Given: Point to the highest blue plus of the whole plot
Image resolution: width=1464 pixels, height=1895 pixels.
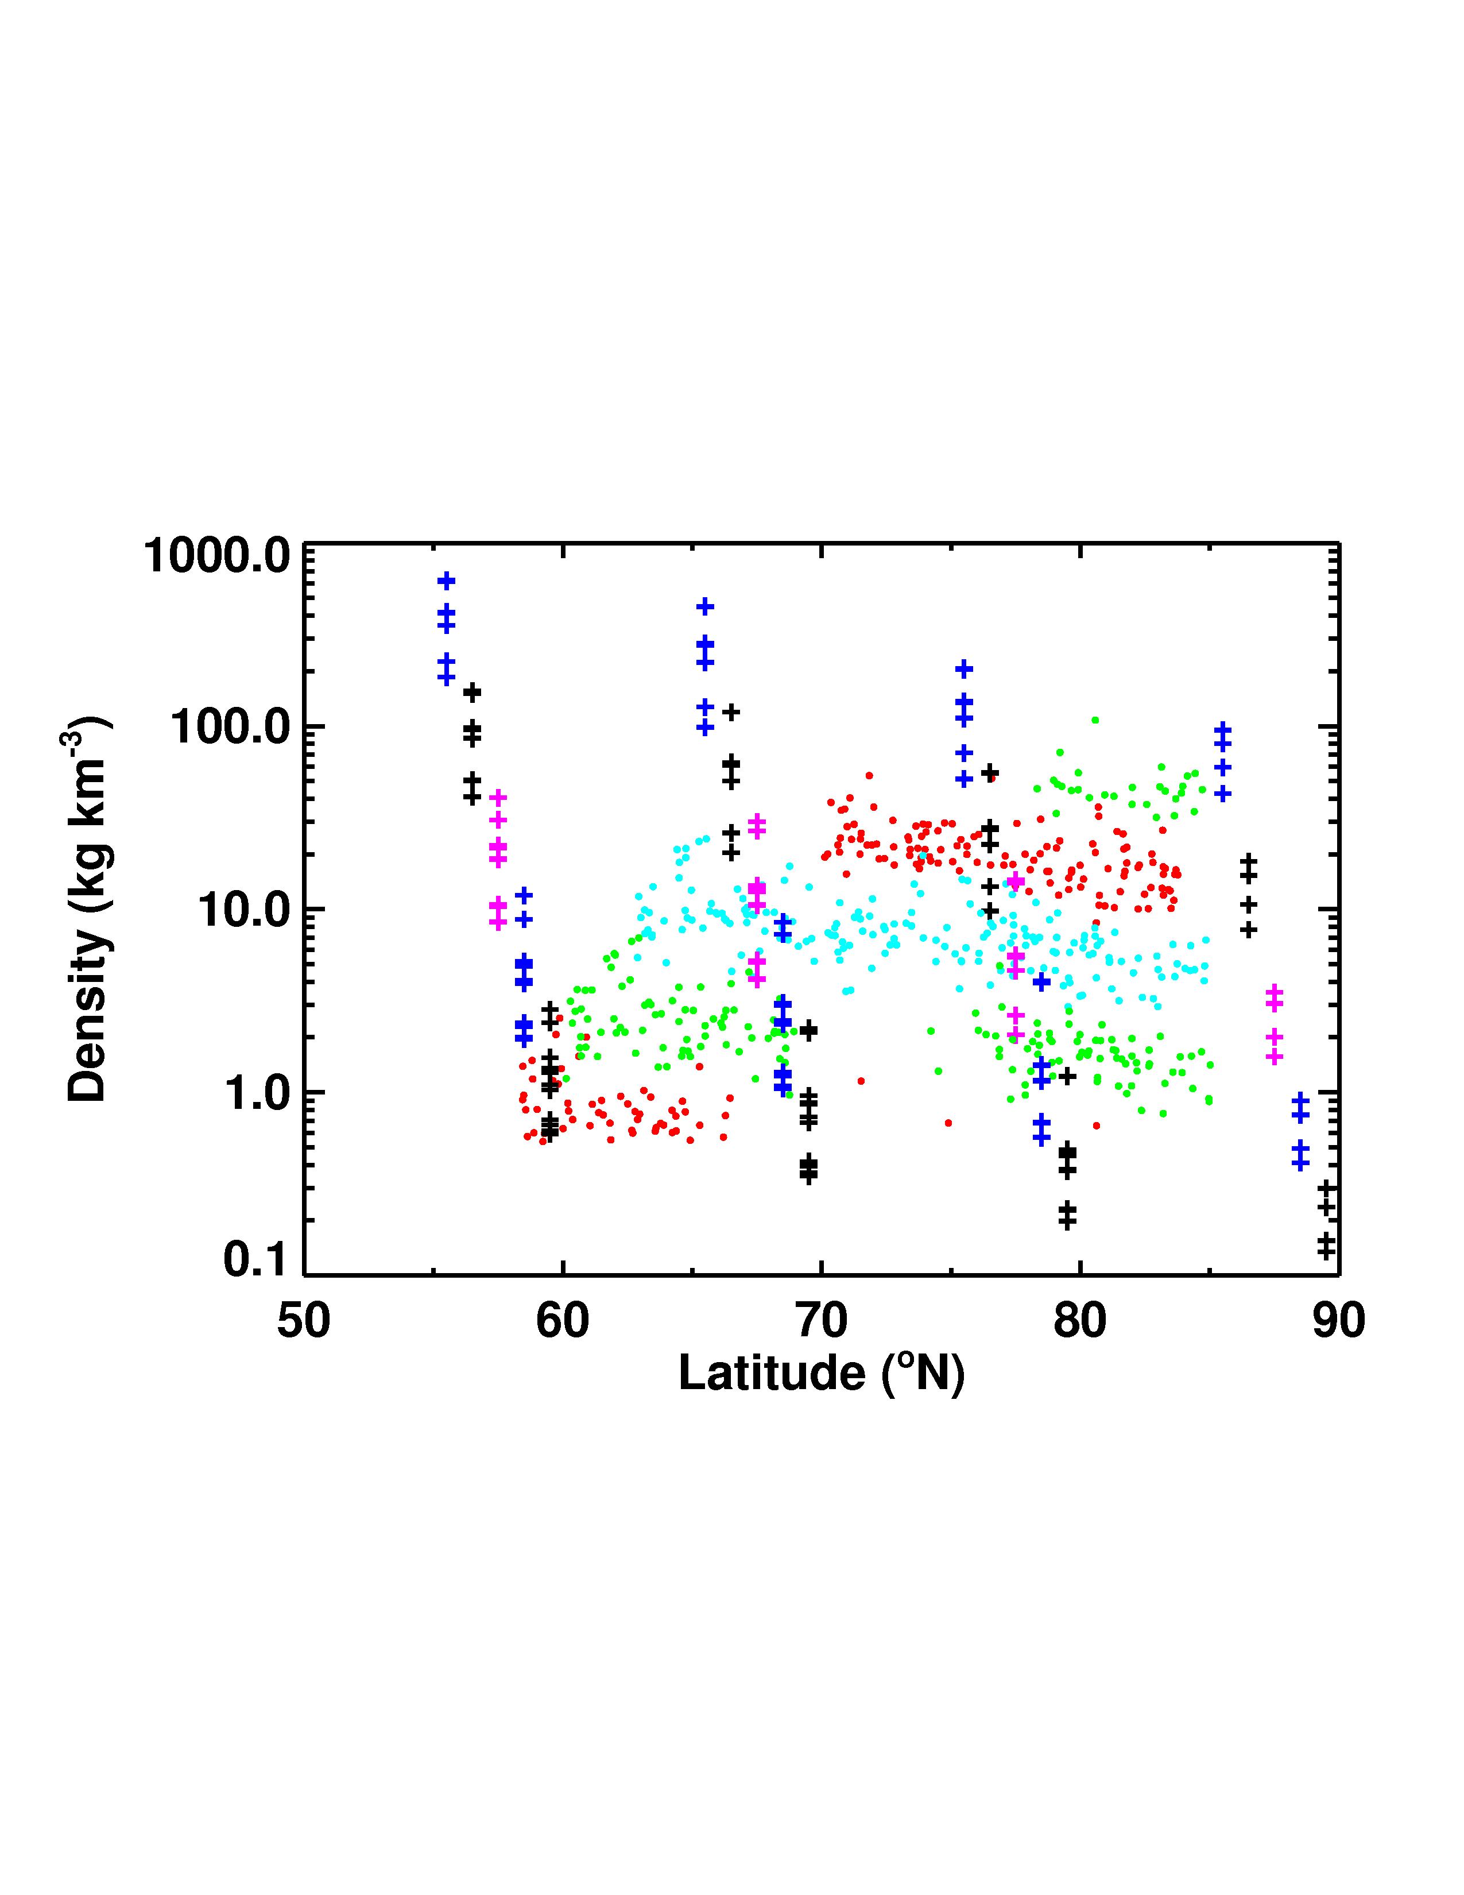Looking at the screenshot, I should (x=447, y=581).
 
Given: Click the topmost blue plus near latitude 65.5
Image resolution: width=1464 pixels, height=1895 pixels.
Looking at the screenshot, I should (x=705, y=606).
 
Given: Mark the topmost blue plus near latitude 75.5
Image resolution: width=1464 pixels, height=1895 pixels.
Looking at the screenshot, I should (x=963, y=669).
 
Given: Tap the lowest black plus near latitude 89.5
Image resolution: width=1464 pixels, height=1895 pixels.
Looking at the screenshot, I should (x=1325, y=1251).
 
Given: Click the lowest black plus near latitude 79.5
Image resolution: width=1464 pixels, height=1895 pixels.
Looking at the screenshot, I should (x=1067, y=1221).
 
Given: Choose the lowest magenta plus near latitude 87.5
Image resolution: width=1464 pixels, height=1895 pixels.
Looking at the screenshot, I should (x=1273, y=1057).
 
